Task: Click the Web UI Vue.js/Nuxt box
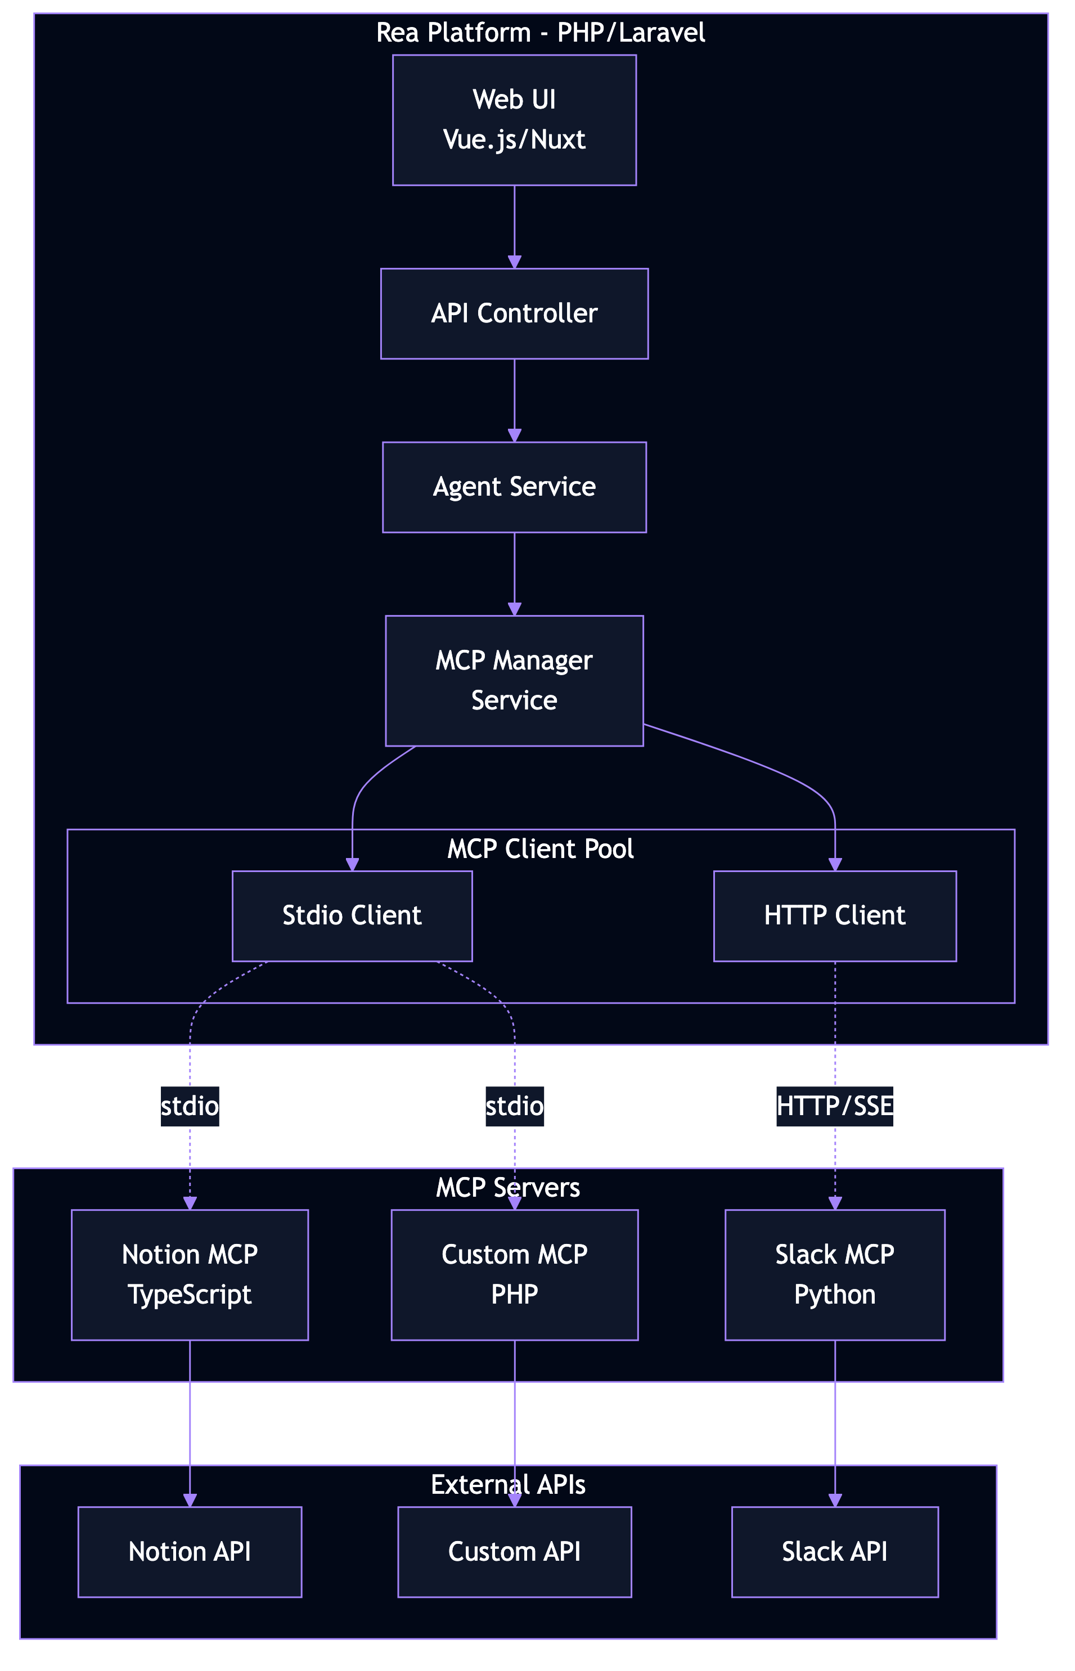[515, 120]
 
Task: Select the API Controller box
[515, 313]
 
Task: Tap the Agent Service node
[515, 487]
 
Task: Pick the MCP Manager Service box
[515, 681]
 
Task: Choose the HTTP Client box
[835, 916]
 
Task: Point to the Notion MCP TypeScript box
[190, 1274]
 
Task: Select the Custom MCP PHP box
[515, 1274]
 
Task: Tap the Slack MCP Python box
[835, 1274]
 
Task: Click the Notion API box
[190, 1552]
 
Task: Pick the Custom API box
[515, 1552]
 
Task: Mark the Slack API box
[835, 1552]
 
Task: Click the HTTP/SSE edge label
[835, 1106]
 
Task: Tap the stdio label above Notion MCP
[190, 1106]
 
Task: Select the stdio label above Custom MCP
[515, 1106]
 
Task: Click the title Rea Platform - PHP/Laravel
[540, 33]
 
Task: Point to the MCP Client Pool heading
[540, 849]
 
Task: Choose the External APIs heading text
[508, 1485]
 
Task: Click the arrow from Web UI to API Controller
[515, 227]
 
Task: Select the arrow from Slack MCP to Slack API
[835, 1424]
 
